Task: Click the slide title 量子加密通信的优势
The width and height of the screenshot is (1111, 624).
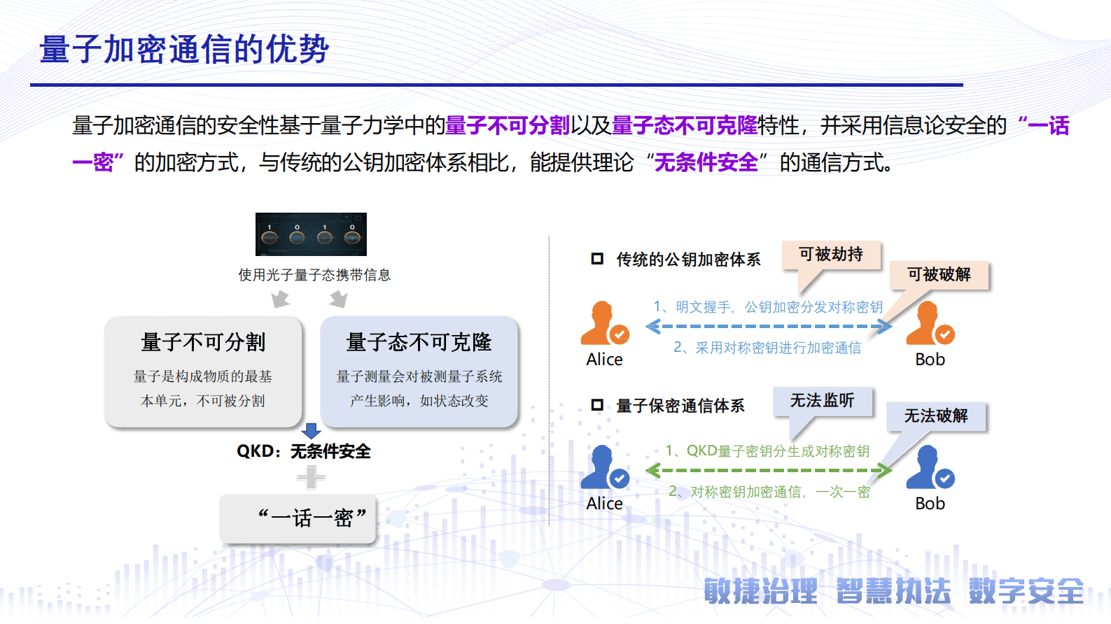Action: point(184,50)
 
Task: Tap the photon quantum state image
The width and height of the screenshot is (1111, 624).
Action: point(311,234)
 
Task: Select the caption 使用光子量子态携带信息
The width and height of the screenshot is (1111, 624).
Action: point(314,275)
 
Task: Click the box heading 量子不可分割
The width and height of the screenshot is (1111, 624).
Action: point(203,342)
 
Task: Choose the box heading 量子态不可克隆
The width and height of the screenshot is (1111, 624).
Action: point(419,342)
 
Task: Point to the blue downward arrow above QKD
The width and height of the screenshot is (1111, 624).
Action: point(311,430)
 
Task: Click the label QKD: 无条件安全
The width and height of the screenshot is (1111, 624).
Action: point(304,451)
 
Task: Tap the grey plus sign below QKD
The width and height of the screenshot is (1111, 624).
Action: point(311,478)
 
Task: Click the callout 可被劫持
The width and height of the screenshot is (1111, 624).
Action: point(831,255)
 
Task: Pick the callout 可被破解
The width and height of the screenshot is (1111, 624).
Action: point(939,274)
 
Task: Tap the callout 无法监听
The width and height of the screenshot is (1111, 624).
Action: point(823,401)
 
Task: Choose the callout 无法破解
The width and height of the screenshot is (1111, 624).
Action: point(936,416)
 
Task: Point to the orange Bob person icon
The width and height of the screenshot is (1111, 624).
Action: point(929,323)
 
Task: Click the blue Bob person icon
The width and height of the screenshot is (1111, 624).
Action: point(929,467)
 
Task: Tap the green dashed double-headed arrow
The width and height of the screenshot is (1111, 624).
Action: point(769,471)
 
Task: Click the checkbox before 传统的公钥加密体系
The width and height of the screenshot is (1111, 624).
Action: point(597,259)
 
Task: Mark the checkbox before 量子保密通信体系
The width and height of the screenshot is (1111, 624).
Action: point(597,405)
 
